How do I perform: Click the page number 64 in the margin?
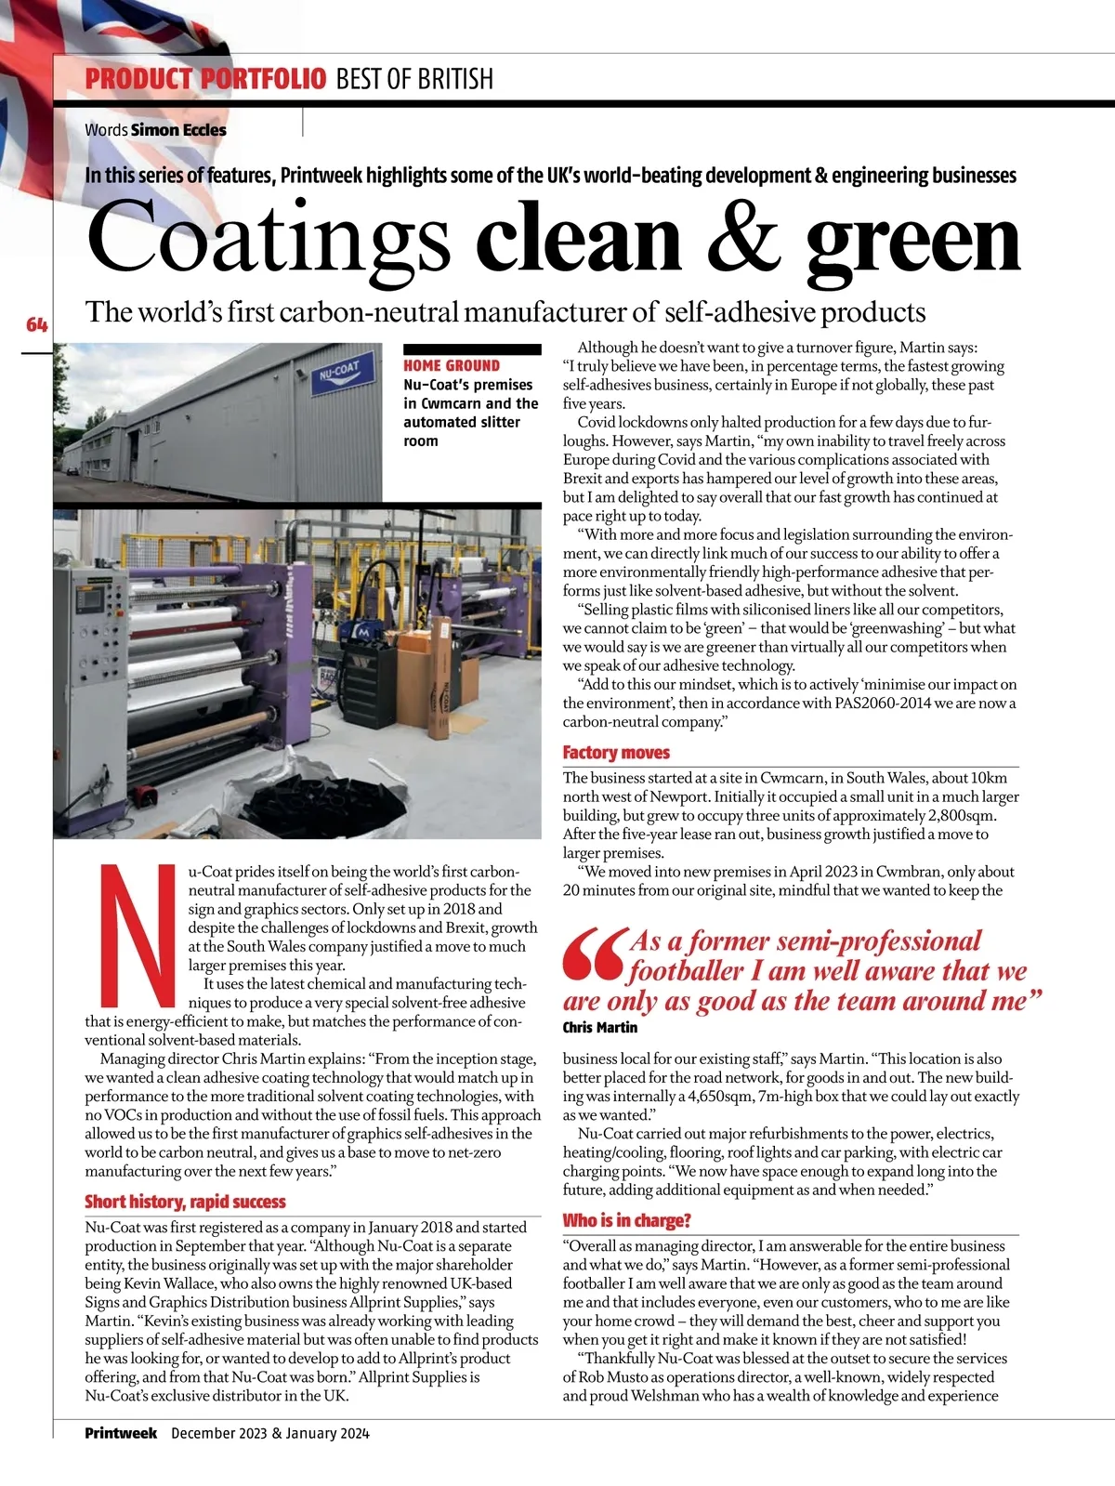point(36,324)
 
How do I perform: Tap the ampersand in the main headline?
point(743,239)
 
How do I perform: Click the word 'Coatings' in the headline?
point(269,239)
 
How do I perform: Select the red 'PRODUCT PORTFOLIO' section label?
point(205,79)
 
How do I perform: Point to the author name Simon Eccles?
point(178,130)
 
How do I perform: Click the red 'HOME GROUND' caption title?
point(452,366)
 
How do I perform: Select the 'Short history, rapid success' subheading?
point(185,1202)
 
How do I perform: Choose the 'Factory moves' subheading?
point(616,753)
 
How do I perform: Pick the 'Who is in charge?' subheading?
point(627,1220)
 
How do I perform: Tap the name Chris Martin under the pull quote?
point(600,1027)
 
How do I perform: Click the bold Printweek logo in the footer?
point(121,1433)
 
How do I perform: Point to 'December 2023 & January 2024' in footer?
point(270,1433)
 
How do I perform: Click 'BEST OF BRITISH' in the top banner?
point(414,79)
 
